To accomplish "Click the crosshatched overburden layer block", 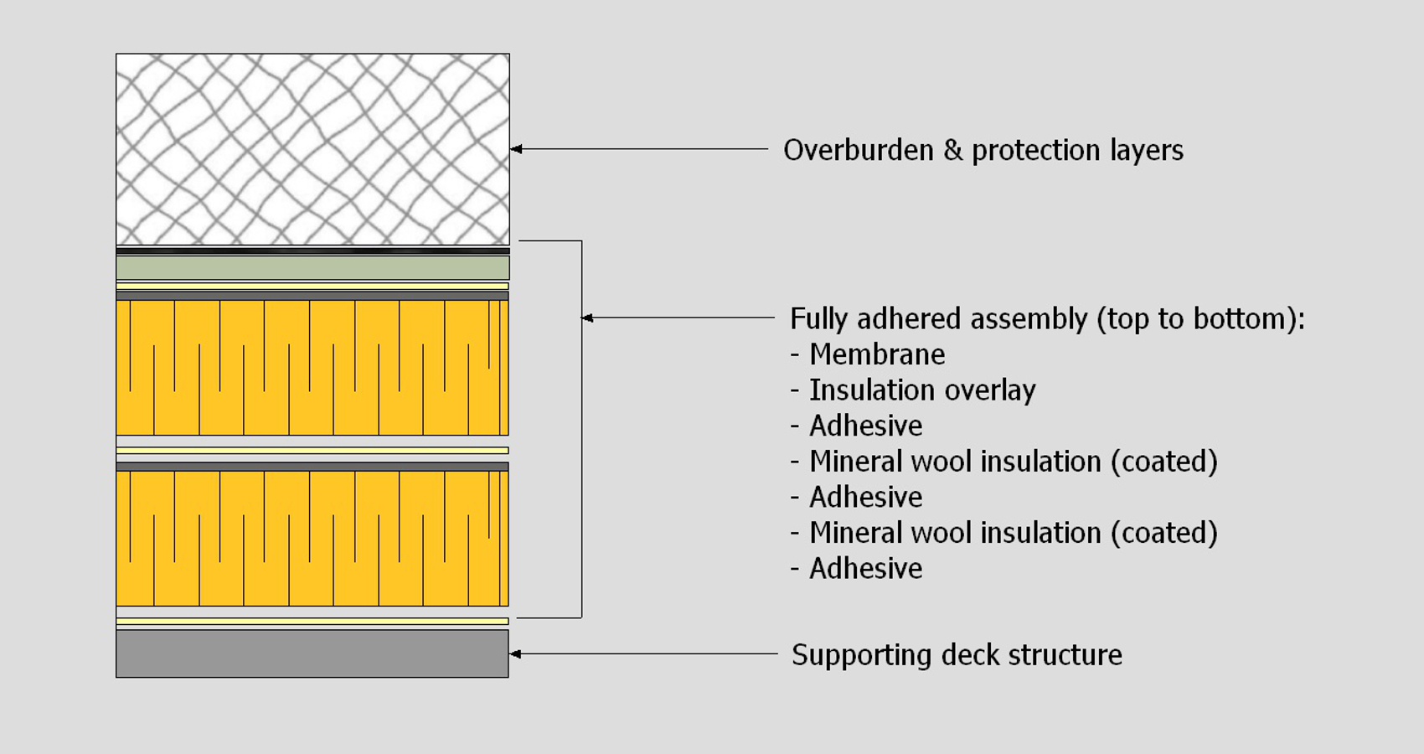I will coord(312,149).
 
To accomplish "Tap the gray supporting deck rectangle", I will coord(312,653).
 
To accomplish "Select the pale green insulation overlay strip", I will coord(312,268).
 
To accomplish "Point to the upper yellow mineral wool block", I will coord(312,367).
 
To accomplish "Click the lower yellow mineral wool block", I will coord(312,538).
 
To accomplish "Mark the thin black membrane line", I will coord(312,250).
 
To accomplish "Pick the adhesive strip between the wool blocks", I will coord(312,451).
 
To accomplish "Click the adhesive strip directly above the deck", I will coord(312,622).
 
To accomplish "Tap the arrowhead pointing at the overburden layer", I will coord(516,149).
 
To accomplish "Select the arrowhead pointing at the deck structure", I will coord(515,653).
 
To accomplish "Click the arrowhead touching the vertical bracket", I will coord(587,318).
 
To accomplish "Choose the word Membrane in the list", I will coord(877,354).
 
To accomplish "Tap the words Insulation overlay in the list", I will coord(922,390).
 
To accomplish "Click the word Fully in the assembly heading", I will coord(818,319).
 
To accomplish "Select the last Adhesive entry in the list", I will coord(865,569).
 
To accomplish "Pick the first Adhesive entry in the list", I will coord(865,426).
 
